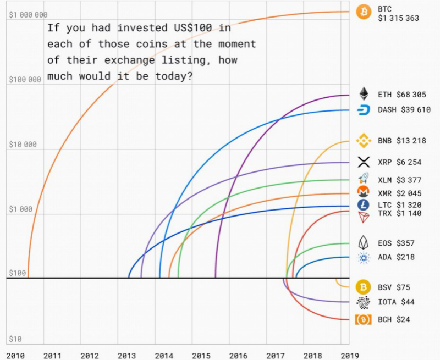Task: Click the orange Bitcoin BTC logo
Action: point(364,12)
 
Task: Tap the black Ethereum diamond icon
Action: point(364,93)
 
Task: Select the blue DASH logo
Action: point(364,109)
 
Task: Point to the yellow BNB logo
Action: point(364,141)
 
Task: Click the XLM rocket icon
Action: point(364,178)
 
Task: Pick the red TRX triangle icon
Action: point(364,217)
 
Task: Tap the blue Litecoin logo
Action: point(364,204)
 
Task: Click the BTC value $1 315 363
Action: point(398,18)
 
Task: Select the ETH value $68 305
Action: point(411,95)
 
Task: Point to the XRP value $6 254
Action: point(409,162)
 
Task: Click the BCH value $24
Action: point(403,319)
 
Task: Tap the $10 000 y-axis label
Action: point(23,145)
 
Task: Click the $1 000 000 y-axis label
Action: point(28,15)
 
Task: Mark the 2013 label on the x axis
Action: point(127,356)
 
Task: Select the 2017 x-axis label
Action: point(276,356)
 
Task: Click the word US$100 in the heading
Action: point(193,28)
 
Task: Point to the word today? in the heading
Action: point(174,76)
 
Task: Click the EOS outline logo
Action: point(364,242)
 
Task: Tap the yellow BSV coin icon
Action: point(364,287)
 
